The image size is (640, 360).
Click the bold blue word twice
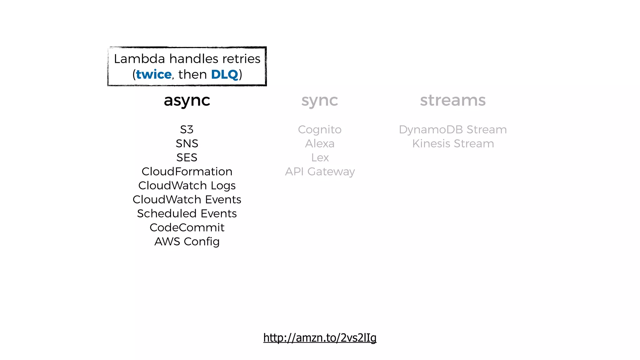tap(153, 75)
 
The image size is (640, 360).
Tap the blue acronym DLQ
tap(224, 75)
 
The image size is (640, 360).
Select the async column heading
tap(187, 101)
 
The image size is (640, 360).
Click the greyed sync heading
tap(319, 101)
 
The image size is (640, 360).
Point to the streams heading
tap(452, 101)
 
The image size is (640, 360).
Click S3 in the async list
tap(187, 129)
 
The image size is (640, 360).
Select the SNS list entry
tap(187, 143)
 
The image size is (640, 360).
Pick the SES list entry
tap(187, 157)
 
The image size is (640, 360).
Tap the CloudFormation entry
tap(187, 172)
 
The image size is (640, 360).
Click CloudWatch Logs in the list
tap(187, 186)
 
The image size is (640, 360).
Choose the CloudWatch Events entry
tap(187, 199)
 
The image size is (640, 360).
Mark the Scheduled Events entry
tap(187, 213)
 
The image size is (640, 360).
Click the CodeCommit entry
tap(187, 227)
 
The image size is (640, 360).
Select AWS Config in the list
tap(187, 242)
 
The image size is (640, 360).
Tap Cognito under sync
tap(320, 129)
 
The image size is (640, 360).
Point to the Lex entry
tap(320, 157)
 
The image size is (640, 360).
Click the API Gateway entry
tap(320, 172)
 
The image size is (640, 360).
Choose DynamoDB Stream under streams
tap(452, 129)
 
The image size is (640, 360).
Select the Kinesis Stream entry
tap(452, 143)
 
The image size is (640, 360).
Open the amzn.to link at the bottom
tap(320, 338)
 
